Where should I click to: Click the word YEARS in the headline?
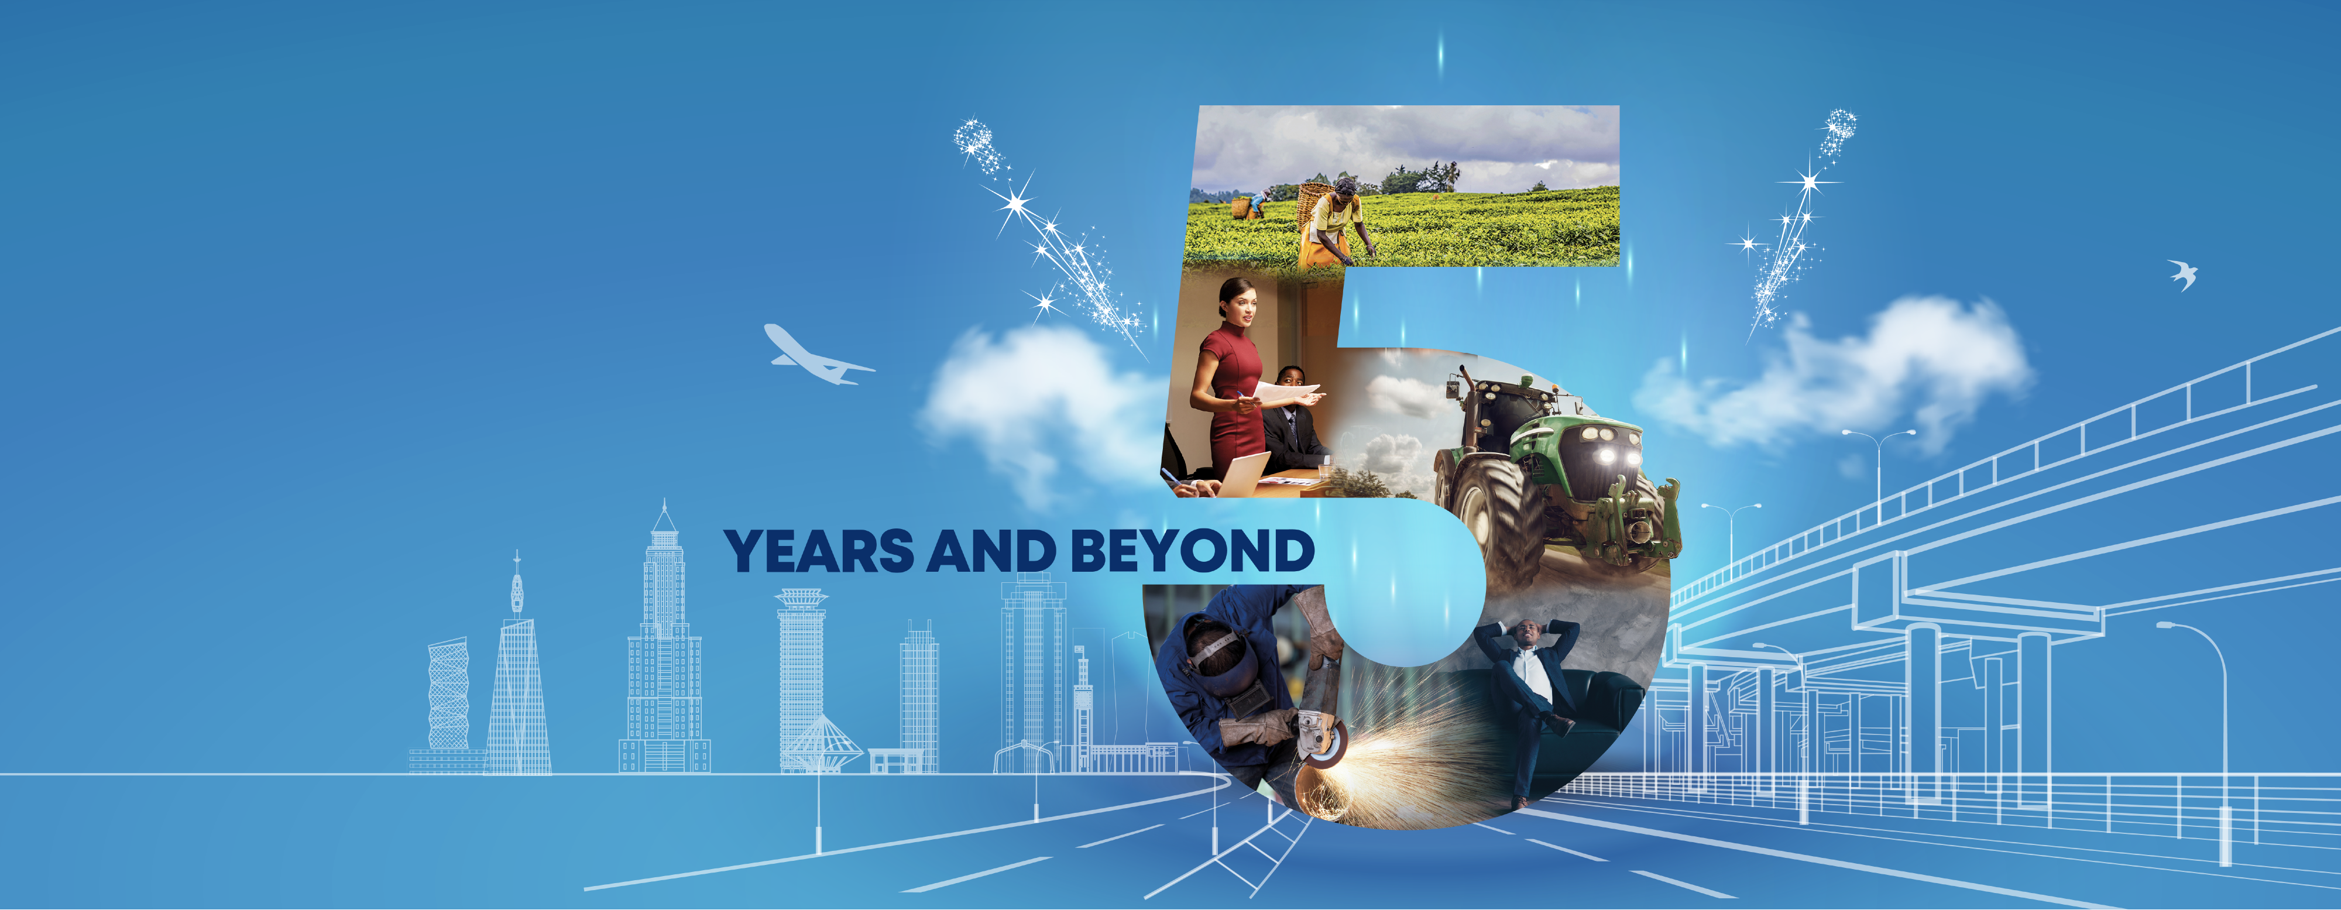click(819, 551)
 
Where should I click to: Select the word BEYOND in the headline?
click(1192, 551)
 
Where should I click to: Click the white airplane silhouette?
click(814, 355)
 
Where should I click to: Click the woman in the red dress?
click(1233, 382)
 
